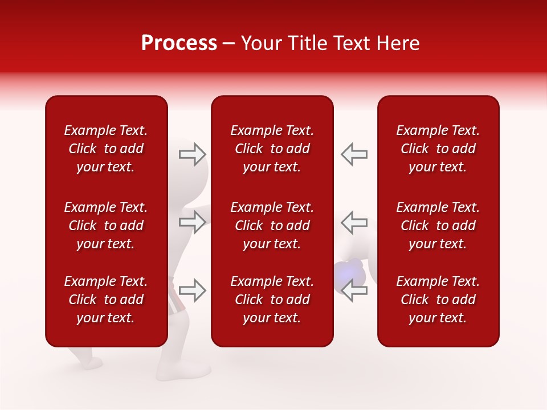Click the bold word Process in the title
(x=179, y=43)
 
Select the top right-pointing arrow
(x=193, y=154)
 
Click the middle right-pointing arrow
(x=193, y=222)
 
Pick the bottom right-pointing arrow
(x=193, y=290)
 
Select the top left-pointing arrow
(x=354, y=154)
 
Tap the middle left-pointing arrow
(x=354, y=222)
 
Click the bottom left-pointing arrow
(x=354, y=290)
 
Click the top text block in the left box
(x=106, y=149)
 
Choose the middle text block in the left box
(x=106, y=225)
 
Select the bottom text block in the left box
(x=106, y=300)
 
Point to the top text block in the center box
(x=272, y=149)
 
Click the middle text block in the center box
(x=272, y=225)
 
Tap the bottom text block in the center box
(x=272, y=300)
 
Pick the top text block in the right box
(x=438, y=149)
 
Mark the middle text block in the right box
(x=438, y=225)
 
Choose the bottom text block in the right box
(x=438, y=300)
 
